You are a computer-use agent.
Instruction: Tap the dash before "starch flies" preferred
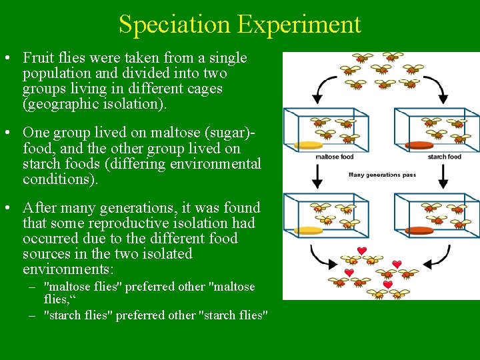32,315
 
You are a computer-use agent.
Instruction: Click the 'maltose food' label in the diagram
334,157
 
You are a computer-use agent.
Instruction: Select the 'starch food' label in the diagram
444,157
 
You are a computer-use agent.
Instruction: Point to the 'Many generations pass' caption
382,175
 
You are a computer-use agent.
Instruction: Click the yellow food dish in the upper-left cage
309,145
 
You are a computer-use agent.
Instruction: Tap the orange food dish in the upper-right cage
419,145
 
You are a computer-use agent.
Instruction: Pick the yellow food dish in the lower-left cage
309,231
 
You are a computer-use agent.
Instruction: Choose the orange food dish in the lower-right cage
419,231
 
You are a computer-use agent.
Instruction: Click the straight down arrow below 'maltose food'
317,175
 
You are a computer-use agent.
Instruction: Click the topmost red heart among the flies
361,251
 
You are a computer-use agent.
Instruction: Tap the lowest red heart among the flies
387,285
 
